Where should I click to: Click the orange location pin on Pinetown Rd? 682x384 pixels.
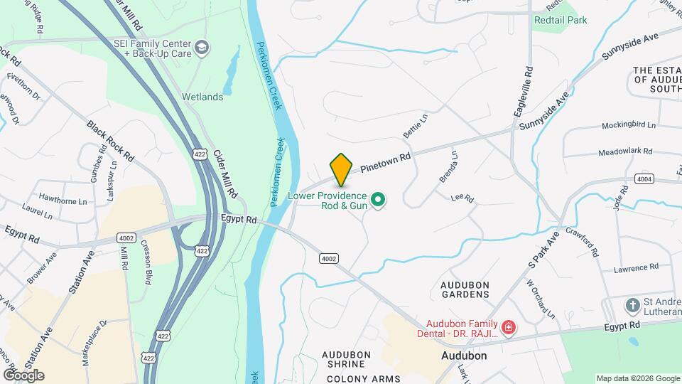(x=341, y=169)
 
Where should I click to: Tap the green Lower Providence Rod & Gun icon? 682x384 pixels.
(x=379, y=201)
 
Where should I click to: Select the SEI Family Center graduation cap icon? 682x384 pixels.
(x=202, y=48)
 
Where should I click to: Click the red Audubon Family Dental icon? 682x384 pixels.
(x=508, y=328)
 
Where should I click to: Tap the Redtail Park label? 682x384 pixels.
(x=561, y=20)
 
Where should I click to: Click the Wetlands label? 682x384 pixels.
(x=202, y=97)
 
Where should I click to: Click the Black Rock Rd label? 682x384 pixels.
(x=110, y=139)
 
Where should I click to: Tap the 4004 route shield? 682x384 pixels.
(x=644, y=179)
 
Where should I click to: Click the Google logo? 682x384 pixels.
(x=23, y=375)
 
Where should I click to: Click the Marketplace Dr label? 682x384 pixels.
(x=94, y=342)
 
